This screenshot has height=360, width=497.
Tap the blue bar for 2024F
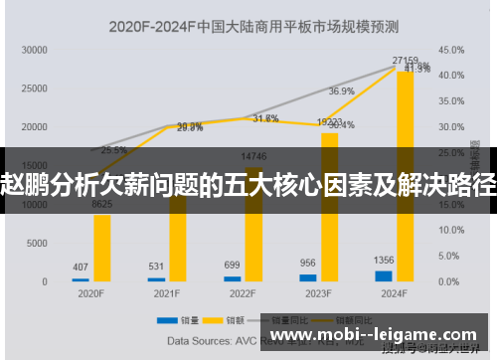point(384,275)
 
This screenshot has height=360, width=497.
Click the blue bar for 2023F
point(307,277)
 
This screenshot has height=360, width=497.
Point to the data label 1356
point(384,261)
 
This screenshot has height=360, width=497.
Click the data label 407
point(81,267)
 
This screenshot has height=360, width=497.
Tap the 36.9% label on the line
point(342,90)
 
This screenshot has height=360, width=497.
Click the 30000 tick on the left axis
point(35,49)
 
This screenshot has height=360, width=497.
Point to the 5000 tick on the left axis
point(38,243)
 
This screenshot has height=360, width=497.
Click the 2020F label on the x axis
point(90,294)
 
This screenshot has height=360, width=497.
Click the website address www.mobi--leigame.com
point(374,336)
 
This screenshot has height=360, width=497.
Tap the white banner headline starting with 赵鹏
point(248,183)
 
